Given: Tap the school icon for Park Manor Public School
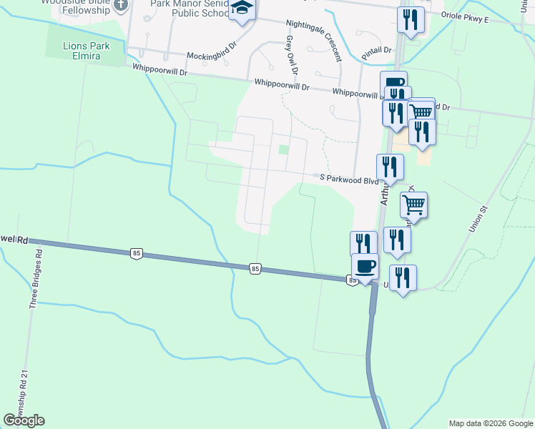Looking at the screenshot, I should click(242, 9).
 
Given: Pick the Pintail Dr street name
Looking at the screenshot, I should click(378, 50).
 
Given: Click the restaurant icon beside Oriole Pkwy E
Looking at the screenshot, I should click(411, 19).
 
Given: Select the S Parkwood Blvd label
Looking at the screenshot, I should click(348, 179).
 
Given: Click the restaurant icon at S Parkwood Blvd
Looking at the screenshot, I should click(390, 167).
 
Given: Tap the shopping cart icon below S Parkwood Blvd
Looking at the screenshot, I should click(413, 204).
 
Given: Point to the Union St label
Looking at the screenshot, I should click(477, 219).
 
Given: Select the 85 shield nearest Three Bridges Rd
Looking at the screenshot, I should click(136, 252).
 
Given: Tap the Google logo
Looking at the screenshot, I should click(24, 420).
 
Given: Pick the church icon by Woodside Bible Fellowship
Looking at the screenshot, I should click(121, 4).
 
